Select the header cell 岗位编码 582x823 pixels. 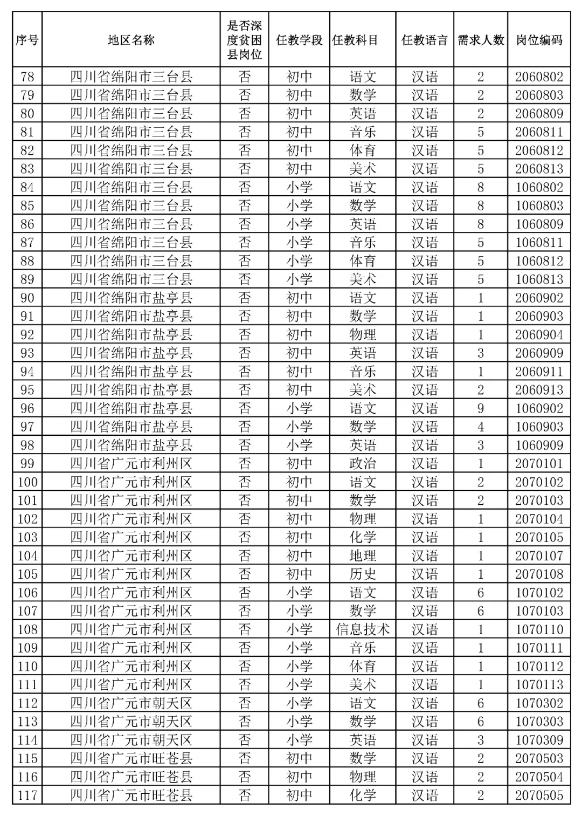coord(539,40)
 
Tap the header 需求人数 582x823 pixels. coord(481,40)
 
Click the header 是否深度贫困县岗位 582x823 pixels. coord(244,40)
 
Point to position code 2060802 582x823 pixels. coord(539,77)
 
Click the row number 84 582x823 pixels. coord(27,187)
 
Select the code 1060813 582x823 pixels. coord(539,279)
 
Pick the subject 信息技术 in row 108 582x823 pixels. coord(363,629)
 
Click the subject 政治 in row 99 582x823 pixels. coord(363,463)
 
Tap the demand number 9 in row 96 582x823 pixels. coord(481,408)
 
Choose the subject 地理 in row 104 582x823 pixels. coord(363,555)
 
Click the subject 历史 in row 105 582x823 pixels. coord(363,574)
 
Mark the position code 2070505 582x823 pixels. coord(539,795)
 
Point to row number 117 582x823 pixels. coord(27,795)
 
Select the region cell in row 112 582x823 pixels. coord(131,703)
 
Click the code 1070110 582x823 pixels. coord(539,629)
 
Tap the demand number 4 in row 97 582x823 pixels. coord(481,427)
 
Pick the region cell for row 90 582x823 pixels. coord(131,298)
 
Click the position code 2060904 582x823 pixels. coord(539,334)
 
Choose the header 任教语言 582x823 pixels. coord(425,40)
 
